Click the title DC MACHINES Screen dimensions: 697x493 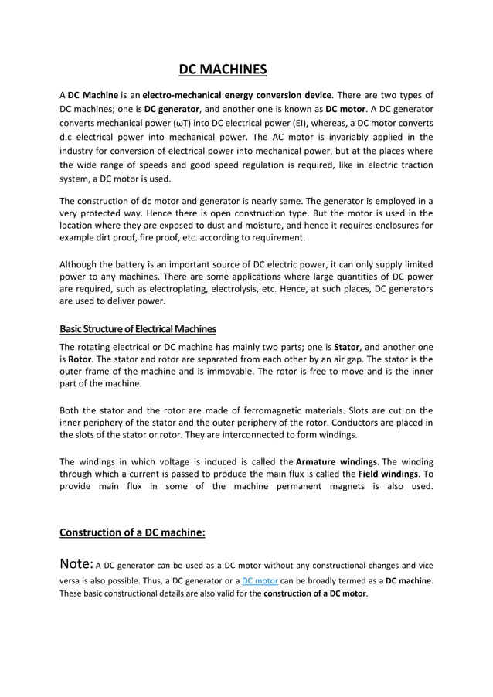click(x=223, y=70)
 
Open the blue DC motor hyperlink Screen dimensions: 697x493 click(x=260, y=580)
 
